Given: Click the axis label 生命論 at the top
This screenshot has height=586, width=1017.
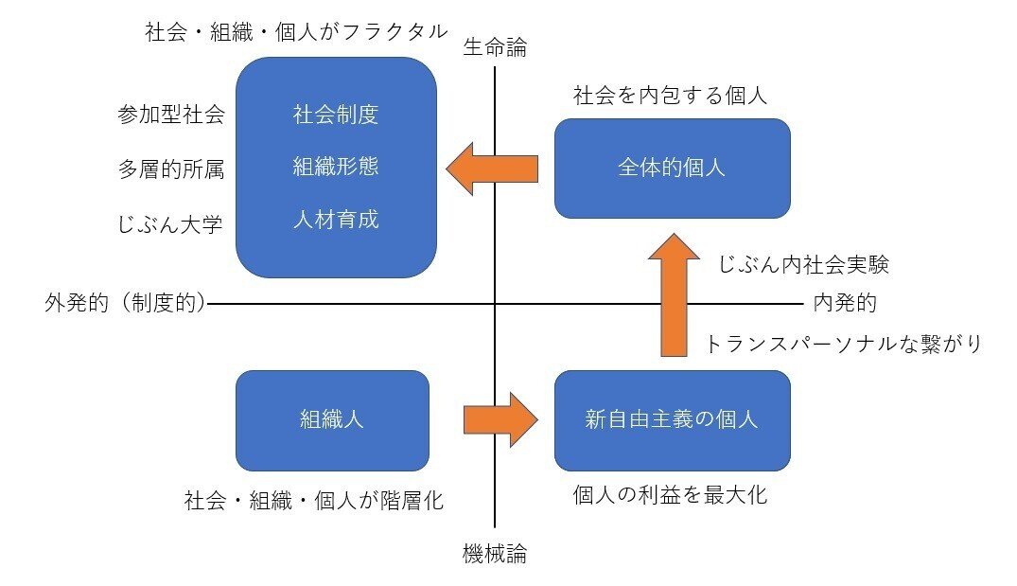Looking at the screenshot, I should coord(494,48).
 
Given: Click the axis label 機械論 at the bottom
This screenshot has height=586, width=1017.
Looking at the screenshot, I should coord(494,555).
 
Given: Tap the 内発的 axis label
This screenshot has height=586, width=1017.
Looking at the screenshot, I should coord(845,304).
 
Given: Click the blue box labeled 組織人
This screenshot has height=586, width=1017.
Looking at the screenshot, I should coord(331,420).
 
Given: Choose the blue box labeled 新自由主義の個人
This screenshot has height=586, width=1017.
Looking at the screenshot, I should coord(672,420).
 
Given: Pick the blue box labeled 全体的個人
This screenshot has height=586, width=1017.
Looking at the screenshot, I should coord(672,169).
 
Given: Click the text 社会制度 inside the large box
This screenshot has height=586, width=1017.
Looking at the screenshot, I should coord(336,115).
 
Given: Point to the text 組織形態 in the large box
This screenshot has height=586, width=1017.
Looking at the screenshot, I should coord(336,168).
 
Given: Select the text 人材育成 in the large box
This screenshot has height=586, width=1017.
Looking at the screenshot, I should coord(336,221).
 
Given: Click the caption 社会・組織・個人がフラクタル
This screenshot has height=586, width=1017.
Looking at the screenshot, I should coord(296,31).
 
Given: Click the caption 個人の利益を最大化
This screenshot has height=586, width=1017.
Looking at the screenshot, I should coord(670,495).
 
